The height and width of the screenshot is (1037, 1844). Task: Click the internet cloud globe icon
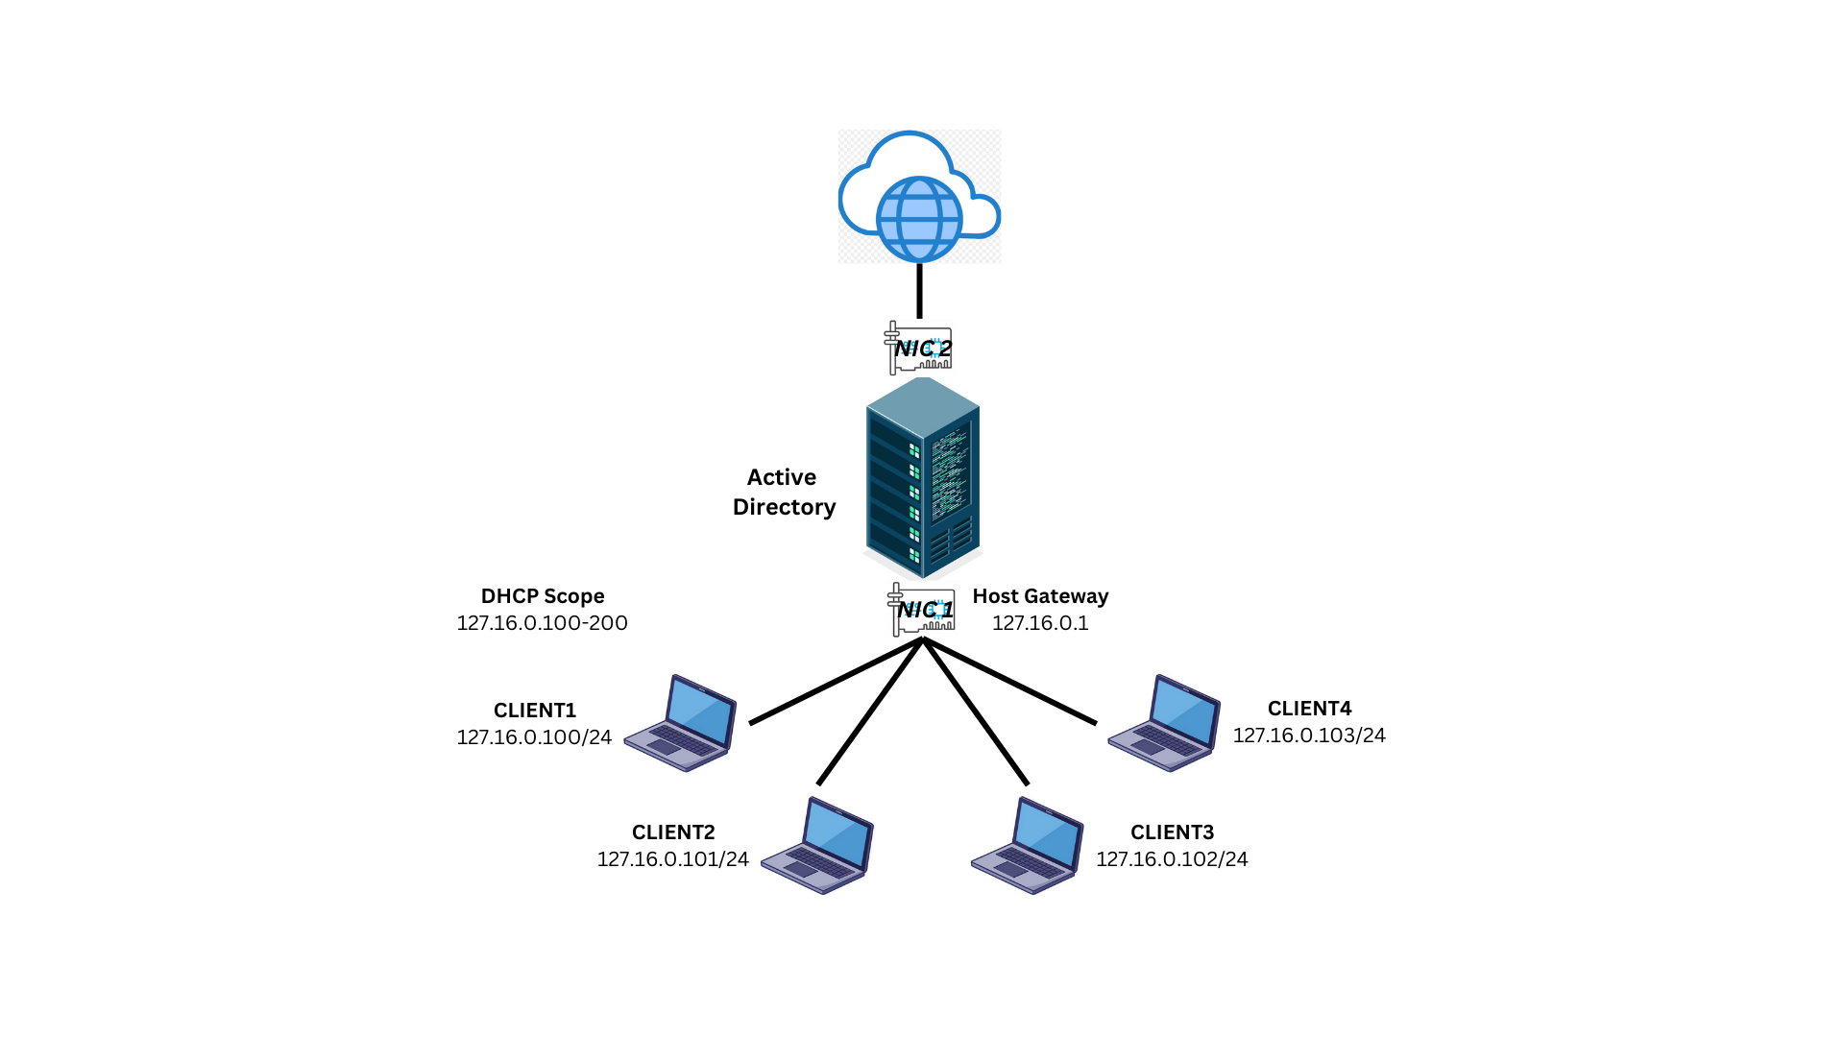pyautogui.click(x=919, y=198)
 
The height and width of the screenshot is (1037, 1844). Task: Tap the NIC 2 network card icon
pyautogui.click(x=919, y=348)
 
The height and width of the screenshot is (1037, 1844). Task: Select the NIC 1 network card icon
pyautogui.click(x=922, y=610)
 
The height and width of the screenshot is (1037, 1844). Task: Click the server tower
pyautogui.click(x=923, y=477)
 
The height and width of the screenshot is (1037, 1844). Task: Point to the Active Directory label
pyautogui.click(x=784, y=492)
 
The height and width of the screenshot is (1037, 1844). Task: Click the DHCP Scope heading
pyautogui.click(x=543, y=596)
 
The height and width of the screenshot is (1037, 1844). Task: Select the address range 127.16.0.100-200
pyautogui.click(x=543, y=623)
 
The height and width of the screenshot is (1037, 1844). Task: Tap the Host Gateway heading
pyautogui.click(x=1040, y=596)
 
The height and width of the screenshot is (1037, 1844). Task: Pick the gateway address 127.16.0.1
pyautogui.click(x=1040, y=623)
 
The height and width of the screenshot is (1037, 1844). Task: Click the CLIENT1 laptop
pyautogui.click(x=681, y=723)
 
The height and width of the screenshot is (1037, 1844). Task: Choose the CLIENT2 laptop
pyautogui.click(x=818, y=845)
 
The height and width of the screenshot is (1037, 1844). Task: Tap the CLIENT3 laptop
pyautogui.click(x=1028, y=845)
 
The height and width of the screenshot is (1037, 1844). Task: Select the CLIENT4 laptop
pyautogui.click(x=1164, y=723)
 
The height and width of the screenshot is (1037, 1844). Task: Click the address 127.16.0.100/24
pyautogui.click(x=534, y=737)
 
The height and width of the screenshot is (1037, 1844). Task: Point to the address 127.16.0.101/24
pyautogui.click(x=673, y=859)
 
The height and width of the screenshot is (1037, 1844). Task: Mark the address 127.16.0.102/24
pyautogui.click(x=1172, y=859)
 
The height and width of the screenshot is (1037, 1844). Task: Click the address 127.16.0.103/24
pyautogui.click(x=1309, y=736)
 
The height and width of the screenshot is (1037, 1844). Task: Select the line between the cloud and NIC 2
pyautogui.click(x=920, y=291)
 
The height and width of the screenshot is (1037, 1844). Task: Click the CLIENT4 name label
pyautogui.click(x=1309, y=709)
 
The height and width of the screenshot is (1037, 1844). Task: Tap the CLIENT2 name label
pyautogui.click(x=673, y=832)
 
